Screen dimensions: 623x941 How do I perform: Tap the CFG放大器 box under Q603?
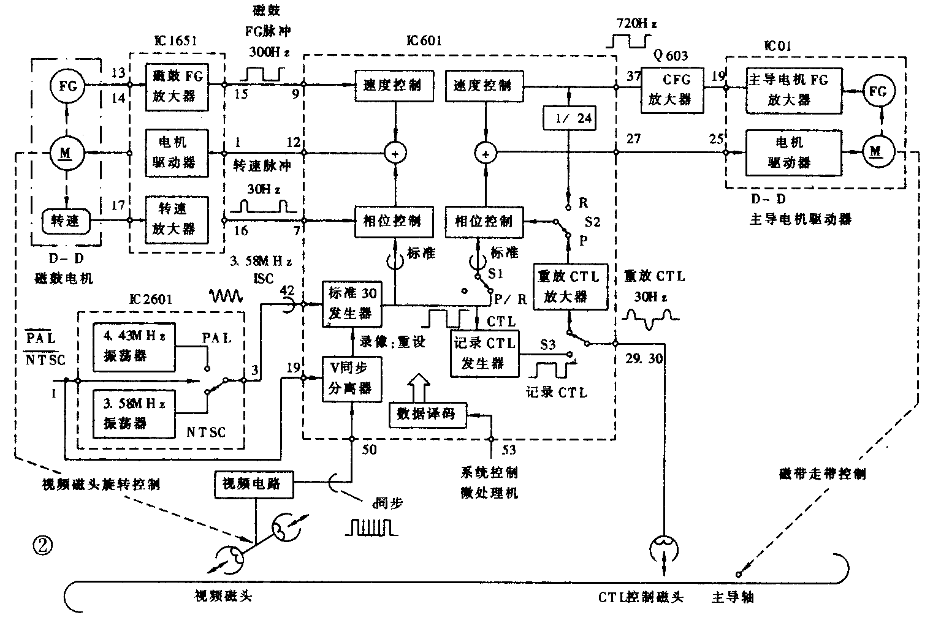[672, 89]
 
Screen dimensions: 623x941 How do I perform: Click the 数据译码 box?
[428, 414]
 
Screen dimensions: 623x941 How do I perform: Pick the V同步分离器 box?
[351, 380]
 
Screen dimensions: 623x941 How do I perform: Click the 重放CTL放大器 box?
[570, 287]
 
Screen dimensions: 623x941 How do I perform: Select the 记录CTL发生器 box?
[484, 353]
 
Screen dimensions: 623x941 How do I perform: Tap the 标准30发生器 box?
[351, 304]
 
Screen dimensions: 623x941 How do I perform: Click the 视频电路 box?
[253, 484]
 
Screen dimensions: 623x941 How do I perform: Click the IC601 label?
[424, 42]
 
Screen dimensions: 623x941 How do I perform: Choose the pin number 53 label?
[508, 451]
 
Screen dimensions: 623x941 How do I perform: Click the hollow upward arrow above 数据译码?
[419, 387]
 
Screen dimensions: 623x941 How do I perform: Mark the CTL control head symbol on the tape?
[664, 545]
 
